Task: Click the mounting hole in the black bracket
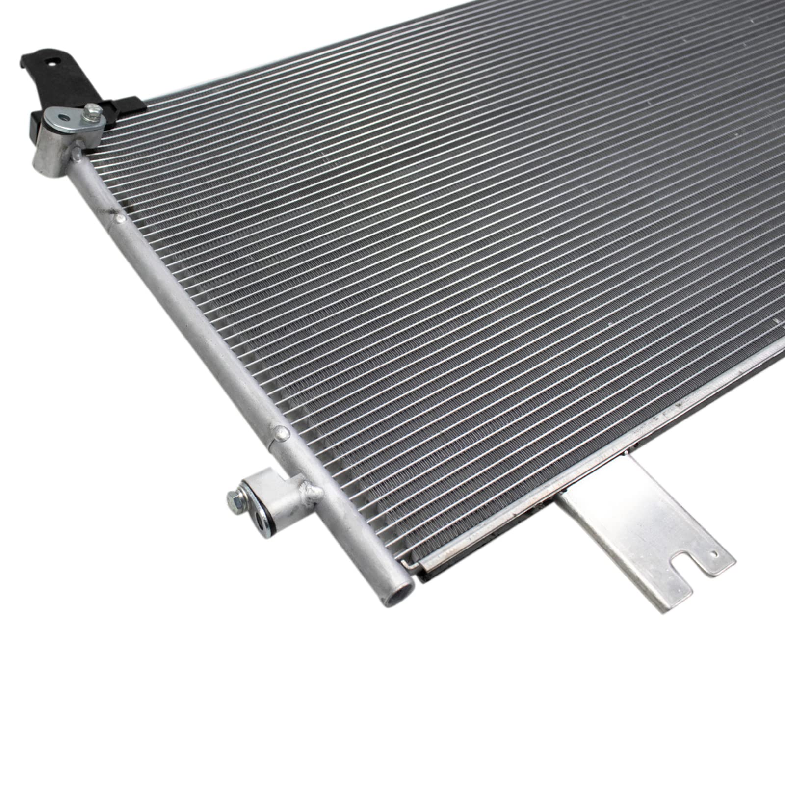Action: (x=54, y=62)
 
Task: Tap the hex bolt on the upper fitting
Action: (x=92, y=113)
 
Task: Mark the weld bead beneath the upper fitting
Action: (x=77, y=155)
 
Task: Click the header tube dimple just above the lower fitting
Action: (x=281, y=432)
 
